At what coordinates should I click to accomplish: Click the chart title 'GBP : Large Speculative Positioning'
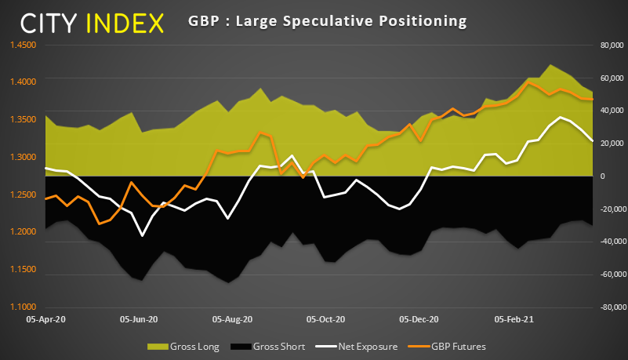[327, 19]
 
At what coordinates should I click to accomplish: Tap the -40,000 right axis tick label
[607, 242]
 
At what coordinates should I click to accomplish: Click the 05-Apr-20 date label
[46, 319]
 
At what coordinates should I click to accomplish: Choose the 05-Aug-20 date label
[233, 319]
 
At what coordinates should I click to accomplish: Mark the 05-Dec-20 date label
[419, 319]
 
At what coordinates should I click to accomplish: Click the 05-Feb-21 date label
[514, 319]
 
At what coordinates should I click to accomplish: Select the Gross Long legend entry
[183, 346]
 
